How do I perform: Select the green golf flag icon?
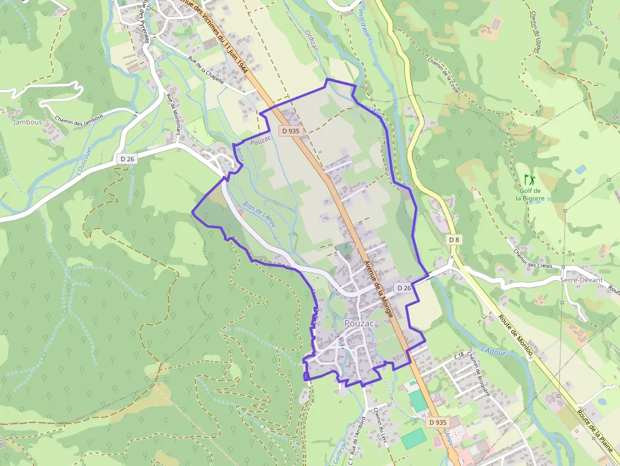tap(529, 180)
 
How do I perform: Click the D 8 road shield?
tap(454, 240)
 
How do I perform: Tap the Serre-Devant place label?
tap(581, 279)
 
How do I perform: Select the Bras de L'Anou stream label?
tap(260, 214)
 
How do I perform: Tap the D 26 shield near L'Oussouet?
tap(127, 159)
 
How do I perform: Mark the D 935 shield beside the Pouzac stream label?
tap(292, 131)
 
